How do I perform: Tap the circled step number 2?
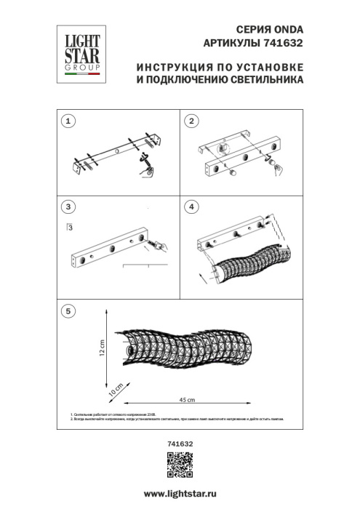click(193, 121)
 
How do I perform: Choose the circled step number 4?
click(193, 207)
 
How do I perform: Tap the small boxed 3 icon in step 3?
click(69, 228)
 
